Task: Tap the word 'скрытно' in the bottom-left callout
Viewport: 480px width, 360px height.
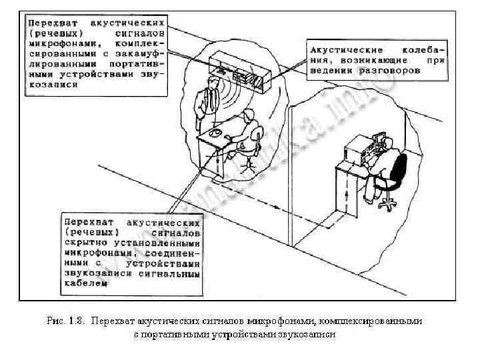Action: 85,244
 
